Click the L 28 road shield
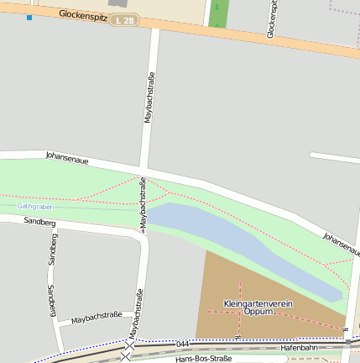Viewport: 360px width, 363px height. point(124,19)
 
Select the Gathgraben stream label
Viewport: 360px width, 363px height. point(36,205)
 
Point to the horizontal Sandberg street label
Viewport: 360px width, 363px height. point(39,223)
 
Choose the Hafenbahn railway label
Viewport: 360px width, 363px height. point(299,347)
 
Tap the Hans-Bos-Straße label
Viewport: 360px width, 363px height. point(203,359)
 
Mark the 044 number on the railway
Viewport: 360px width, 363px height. point(183,345)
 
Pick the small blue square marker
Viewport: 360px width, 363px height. point(29,17)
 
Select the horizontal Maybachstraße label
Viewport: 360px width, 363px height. point(97,318)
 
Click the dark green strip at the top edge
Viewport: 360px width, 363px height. point(218,14)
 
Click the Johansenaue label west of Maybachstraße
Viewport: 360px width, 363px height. point(66,157)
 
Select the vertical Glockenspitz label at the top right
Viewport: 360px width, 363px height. point(271,18)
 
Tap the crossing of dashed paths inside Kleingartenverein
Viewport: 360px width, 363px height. point(240,311)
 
